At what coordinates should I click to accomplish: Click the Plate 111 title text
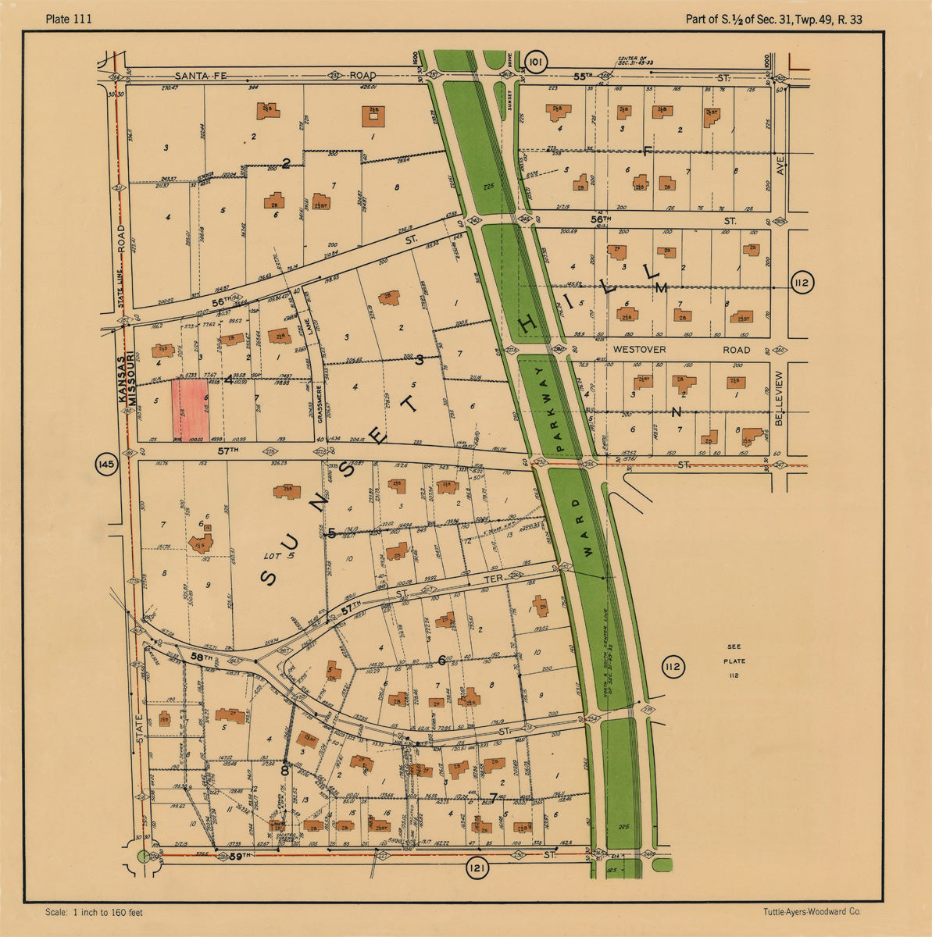click(x=69, y=20)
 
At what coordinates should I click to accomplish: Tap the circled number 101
click(x=535, y=62)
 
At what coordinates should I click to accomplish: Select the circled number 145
click(x=105, y=466)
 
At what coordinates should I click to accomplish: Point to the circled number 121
click(x=477, y=868)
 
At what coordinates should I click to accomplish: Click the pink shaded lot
click(x=191, y=409)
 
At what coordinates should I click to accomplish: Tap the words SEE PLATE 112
click(x=734, y=661)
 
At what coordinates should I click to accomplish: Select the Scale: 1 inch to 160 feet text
click(x=94, y=912)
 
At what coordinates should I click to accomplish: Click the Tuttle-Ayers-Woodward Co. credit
click(x=812, y=912)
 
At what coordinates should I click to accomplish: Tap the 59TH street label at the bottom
click(x=241, y=857)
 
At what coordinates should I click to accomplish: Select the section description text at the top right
click(x=773, y=20)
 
